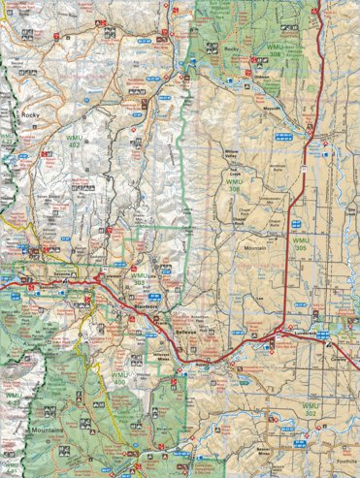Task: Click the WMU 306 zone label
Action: (x=236, y=182)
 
